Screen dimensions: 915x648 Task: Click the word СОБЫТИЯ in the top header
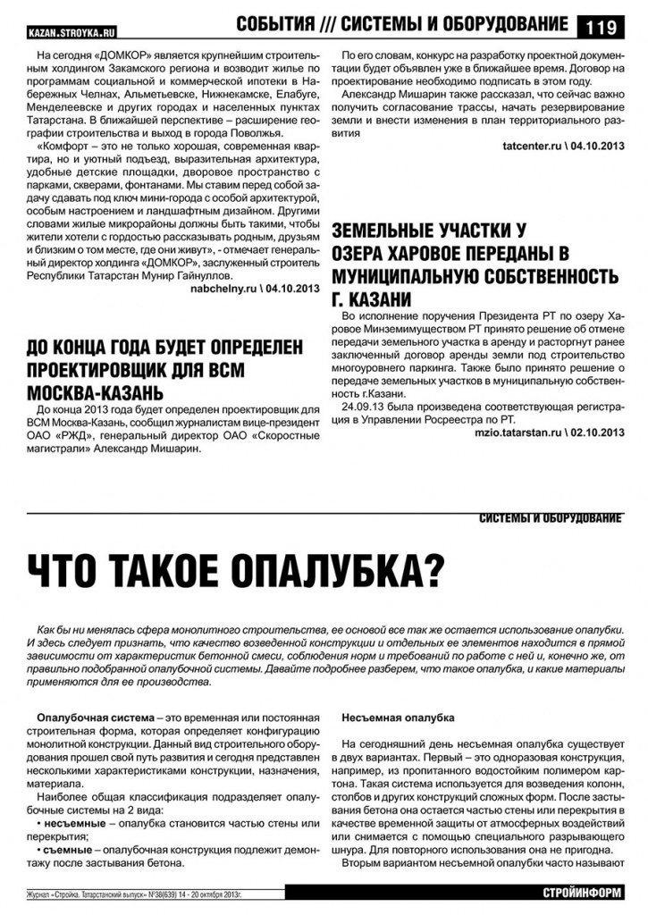tap(275, 24)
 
